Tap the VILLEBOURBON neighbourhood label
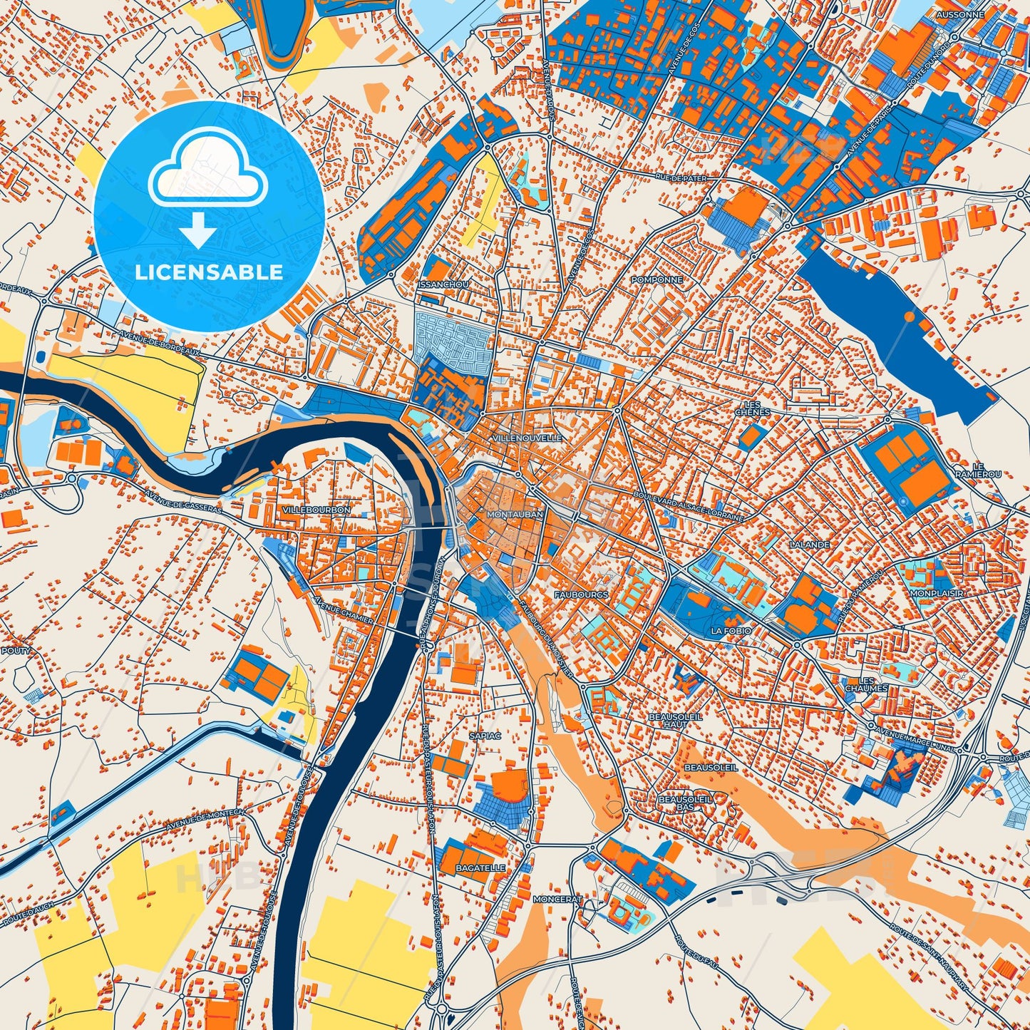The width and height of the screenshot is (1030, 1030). point(316,510)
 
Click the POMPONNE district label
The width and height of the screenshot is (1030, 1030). point(656,280)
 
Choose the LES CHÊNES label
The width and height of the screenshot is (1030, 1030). point(752,408)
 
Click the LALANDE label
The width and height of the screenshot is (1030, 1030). point(810,545)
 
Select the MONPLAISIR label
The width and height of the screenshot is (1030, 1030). point(937,593)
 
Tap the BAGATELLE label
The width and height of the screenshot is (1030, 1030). point(481,868)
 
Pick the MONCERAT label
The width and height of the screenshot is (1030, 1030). point(557,900)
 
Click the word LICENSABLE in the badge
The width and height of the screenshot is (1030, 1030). point(209,272)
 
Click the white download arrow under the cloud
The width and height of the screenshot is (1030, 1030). point(198,230)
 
